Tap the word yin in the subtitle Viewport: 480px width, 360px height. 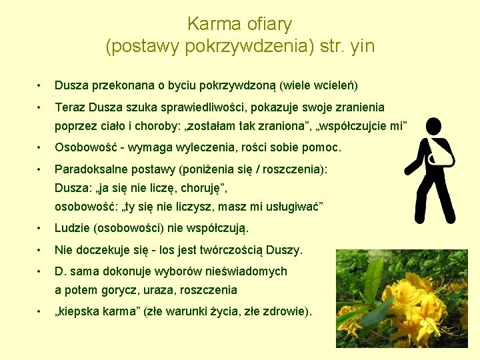(x=361, y=47)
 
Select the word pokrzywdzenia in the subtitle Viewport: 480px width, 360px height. (x=225, y=47)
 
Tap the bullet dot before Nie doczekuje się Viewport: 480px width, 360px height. (x=41, y=250)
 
